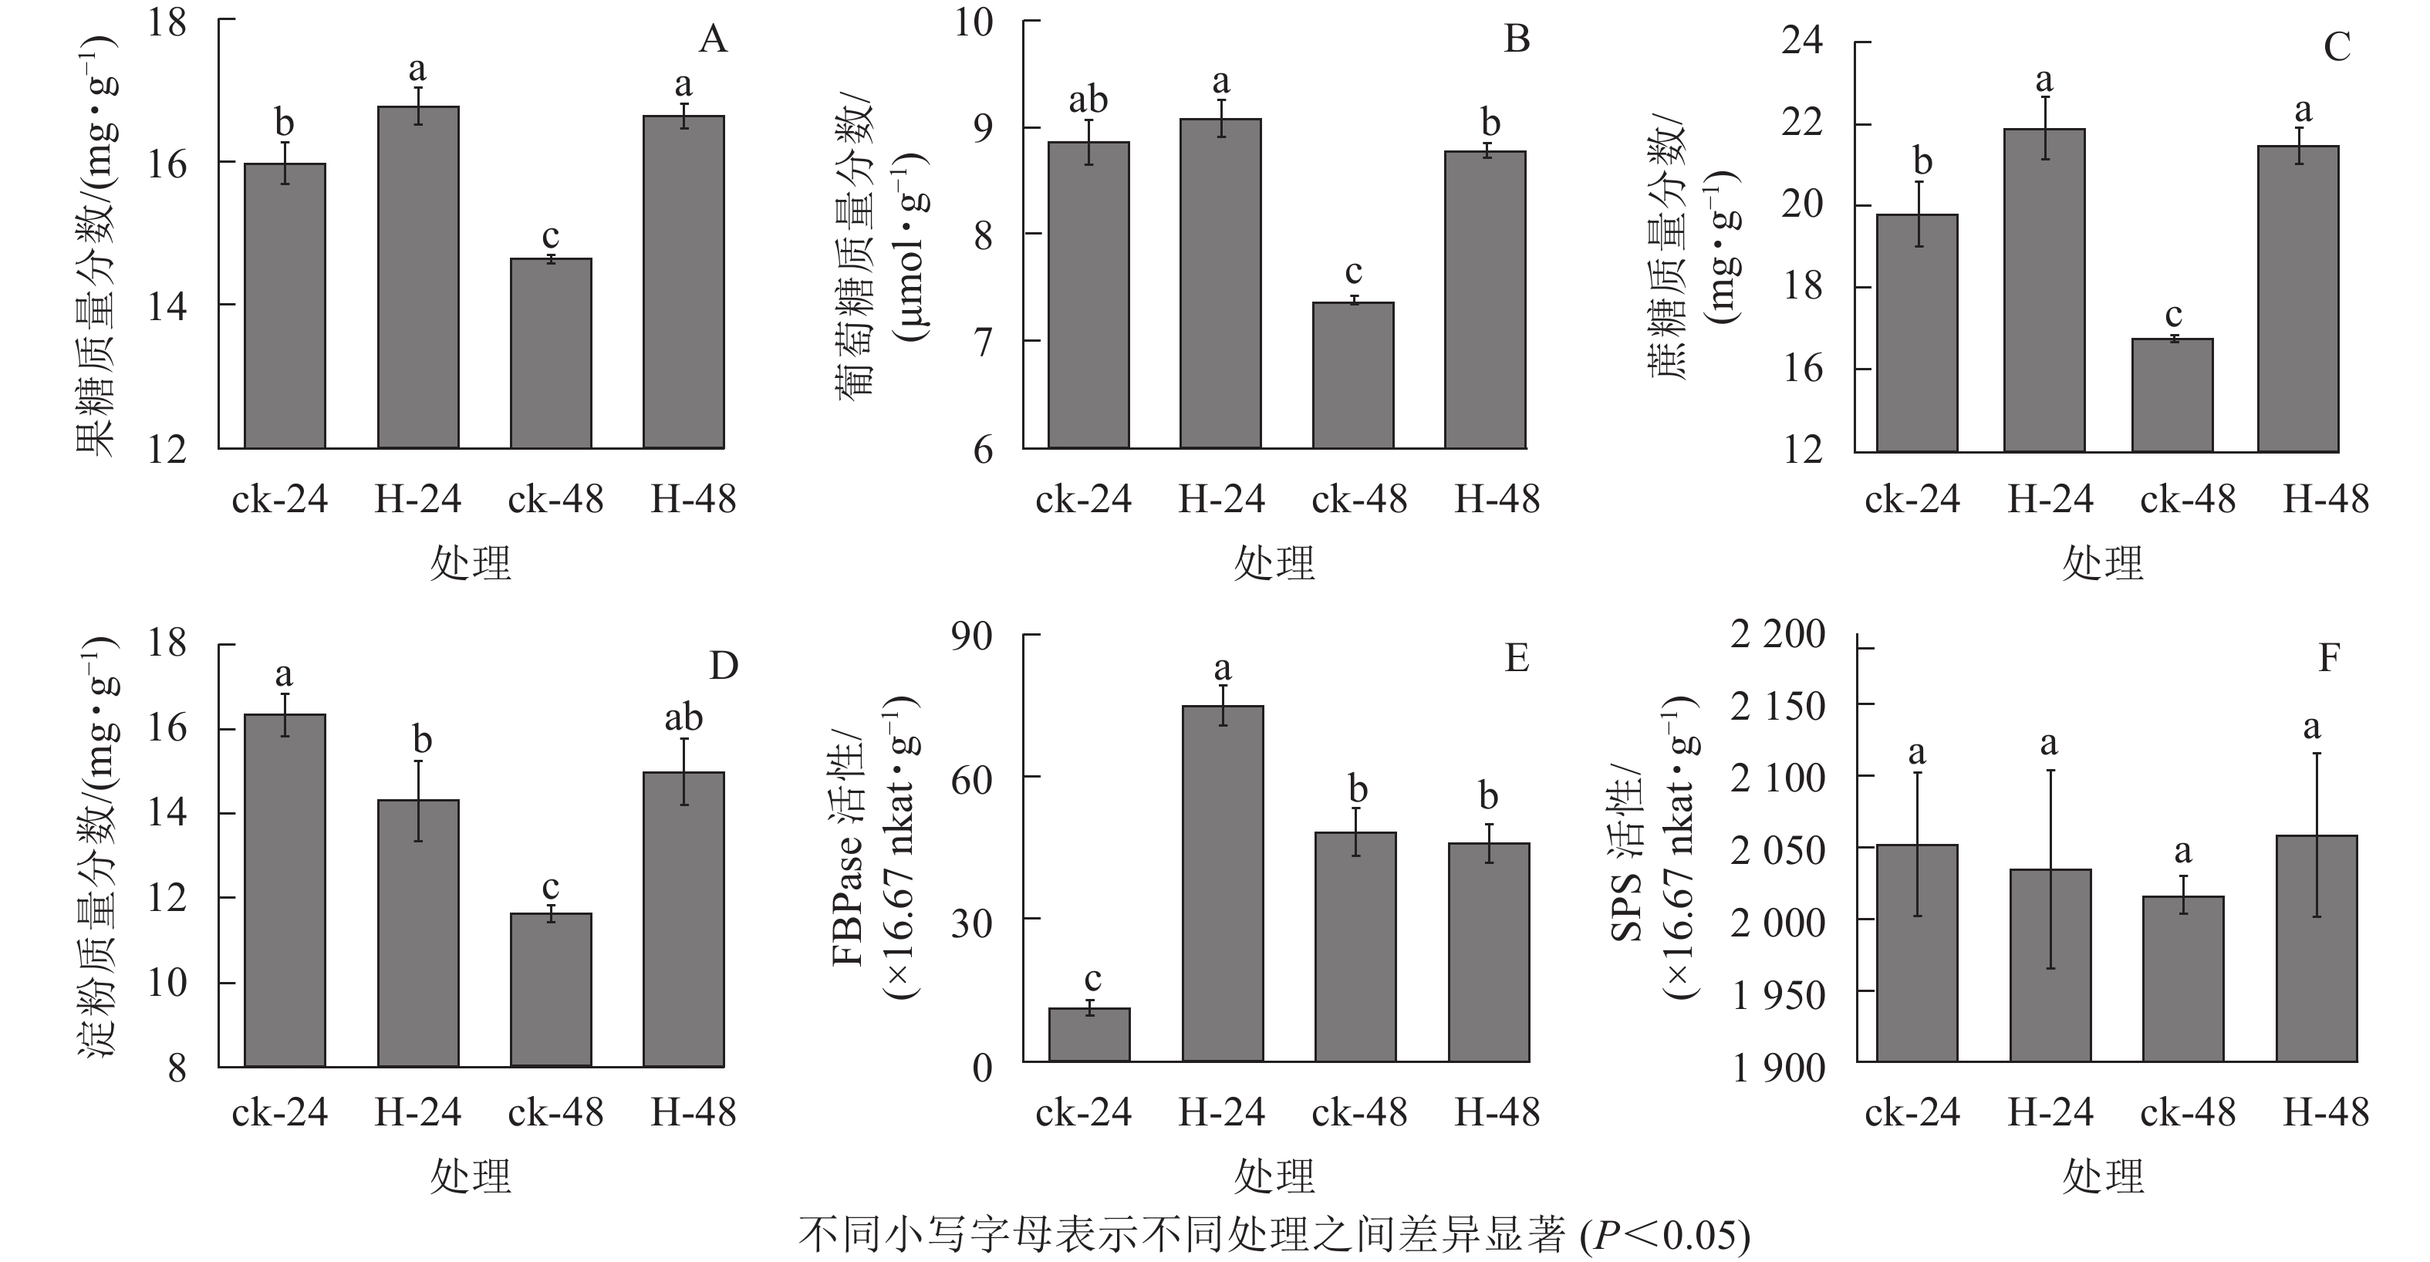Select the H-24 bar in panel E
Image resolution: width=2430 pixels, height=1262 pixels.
point(1223,884)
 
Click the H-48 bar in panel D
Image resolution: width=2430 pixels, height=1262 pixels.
point(684,919)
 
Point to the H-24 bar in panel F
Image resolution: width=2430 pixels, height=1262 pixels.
point(2050,965)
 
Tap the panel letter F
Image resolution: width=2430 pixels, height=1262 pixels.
point(2329,657)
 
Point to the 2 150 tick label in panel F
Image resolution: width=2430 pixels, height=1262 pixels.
point(1777,707)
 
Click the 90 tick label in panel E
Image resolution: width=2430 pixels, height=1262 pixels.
point(972,636)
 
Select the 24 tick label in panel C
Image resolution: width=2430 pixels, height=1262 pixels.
point(1802,42)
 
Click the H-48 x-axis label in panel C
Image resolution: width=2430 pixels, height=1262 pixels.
point(2325,499)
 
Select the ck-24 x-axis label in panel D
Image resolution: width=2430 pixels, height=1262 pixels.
point(279,1113)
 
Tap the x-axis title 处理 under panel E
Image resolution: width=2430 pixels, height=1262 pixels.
point(1274,1176)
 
